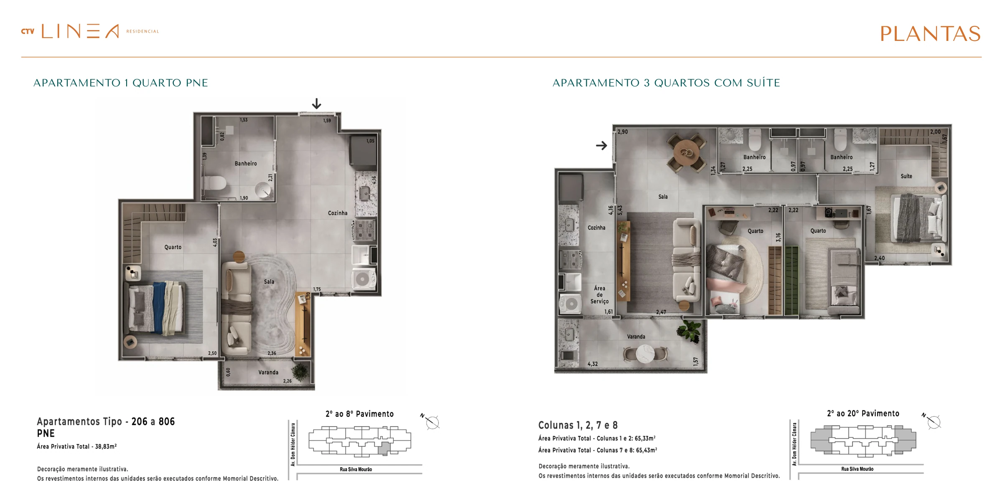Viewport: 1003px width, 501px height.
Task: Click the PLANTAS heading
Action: pyautogui.click(x=930, y=34)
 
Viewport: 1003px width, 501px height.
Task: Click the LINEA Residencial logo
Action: pyautogui.click(x=90, y=31)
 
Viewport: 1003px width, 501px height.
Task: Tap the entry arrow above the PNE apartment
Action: pyautogui.click(x=317, y=104)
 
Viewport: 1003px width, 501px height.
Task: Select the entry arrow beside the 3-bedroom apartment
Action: pyautogui.click(x=601, y=145)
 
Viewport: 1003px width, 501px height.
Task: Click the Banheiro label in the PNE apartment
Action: pyautogui.click(x=246, y=164)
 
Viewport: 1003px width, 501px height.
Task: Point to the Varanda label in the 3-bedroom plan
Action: pyautogui.click(x=636, y=337)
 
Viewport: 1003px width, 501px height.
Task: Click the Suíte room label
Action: pyautogui.click(x=906, y=176)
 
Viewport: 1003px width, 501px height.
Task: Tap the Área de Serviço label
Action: pyautogui.click(x=600, y=295)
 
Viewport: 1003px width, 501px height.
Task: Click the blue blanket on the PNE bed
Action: pyautogui.click(x=159, y=308)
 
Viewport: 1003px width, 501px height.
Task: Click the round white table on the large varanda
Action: pyautogui.click(x=645, y=354)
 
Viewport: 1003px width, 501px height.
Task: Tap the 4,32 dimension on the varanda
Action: pyautogui.click(x=593, y=364)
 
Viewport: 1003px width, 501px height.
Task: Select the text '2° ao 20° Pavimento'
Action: pyautogui.click(x=863, y=413)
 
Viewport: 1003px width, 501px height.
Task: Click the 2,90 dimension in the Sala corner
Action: pyautogui.click(x=623, y=132)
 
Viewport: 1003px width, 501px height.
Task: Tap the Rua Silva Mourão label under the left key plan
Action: pyautogui.click(x=356, y=469)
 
